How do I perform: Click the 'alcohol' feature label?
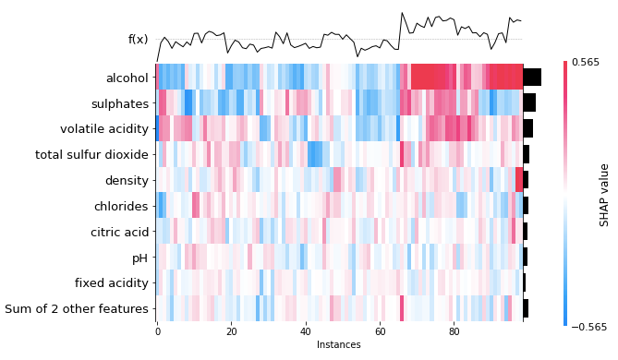pyautogui.click(x=127, y=78)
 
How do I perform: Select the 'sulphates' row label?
pyautogui.click(x=120, y=103)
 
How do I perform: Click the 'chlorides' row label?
pyautogui.click(x=121, y=206)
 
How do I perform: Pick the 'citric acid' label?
pyautogui.click(x=119, y=232)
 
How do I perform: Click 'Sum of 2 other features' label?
pyautogui.click(x=77, y=308)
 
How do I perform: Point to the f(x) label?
pyautogui.click(x=138, y=40)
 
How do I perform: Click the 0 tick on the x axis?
pyautogui.click(x=157, y=331)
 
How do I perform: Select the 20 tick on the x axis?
pyautogui.click(x=231, y=331)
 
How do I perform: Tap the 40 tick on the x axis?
pyautogui.click(x=306, y=331)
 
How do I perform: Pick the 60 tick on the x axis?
pyautogui.click(x=380, y=331)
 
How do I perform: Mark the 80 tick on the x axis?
pyautogui.click(x=454, y=331)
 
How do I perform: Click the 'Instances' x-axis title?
pyautogui.click(x=339, y=345)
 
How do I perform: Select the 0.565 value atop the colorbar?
pyautogui.click(x=585, y=62)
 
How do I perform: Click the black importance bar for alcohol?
pyautogui.click(x=532, y=78)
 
